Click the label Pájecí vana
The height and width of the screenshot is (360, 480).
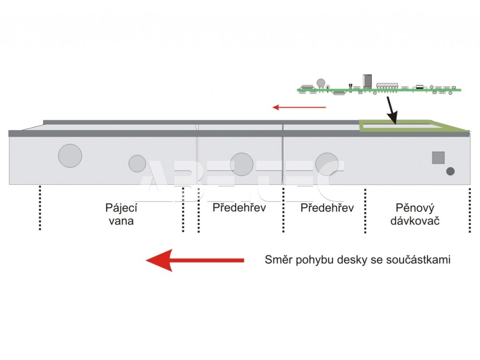121,214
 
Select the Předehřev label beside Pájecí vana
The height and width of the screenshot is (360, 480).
239,208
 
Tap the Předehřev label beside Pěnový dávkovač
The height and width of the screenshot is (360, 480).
327,208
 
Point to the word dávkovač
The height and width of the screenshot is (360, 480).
415,221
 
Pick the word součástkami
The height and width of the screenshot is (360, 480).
418,260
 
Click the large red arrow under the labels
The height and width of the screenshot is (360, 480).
195,260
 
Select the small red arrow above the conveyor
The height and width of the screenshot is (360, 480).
299,107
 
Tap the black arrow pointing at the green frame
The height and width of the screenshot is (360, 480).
392,110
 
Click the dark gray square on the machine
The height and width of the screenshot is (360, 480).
438,157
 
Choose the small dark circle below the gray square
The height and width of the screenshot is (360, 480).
450,171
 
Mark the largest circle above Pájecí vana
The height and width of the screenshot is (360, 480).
70,156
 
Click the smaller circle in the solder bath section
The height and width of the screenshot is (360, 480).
137,164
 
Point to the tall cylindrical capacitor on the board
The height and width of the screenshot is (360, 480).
367,81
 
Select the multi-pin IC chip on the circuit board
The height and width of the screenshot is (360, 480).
387,87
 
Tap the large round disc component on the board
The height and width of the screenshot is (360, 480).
321,83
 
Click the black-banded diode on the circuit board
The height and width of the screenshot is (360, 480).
420,87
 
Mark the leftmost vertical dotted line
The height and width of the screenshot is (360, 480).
40,208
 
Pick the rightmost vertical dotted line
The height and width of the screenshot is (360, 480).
470,210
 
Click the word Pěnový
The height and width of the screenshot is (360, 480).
415,208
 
